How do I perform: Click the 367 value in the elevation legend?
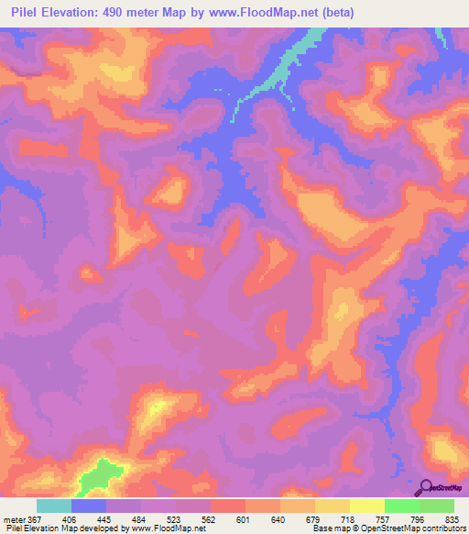click(27, 518)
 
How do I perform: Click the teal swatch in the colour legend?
click(54, 506)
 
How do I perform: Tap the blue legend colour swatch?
click(89, 506)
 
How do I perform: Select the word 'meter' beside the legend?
click(12, 518)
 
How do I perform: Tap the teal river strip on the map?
click(291, 61)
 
